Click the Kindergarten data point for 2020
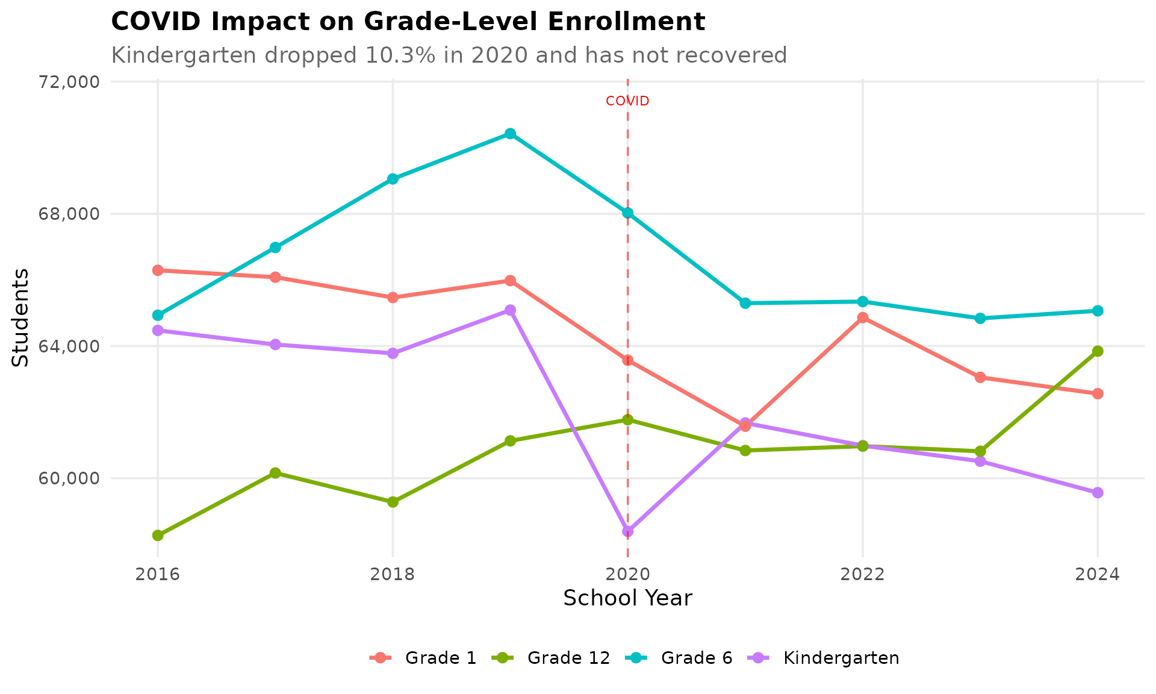click(x=628, y=531)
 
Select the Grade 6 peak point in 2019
click(x=510, y=134)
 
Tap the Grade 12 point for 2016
click(x=158, y=536)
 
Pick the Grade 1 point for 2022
click(x=863, y=317)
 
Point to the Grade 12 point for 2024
click(x=1098, y=351)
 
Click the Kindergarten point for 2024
click(x=1098, y=493)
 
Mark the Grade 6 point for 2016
click(x=158, y=315)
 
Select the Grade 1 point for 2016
click(x=158, y=270)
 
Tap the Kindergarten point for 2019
click(x=510, y=310)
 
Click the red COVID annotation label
click(x=627, y=101)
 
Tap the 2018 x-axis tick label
click(x=393, y=574)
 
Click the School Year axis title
click(x=627, y=598)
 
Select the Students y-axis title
click(x=20, y=317)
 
